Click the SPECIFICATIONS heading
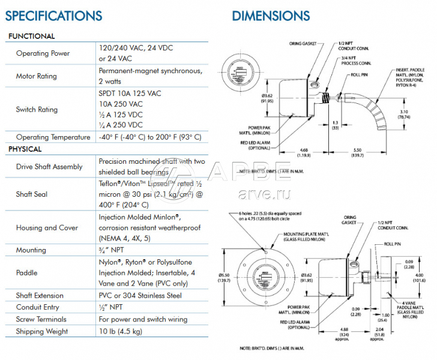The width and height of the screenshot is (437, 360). tap(54, 15)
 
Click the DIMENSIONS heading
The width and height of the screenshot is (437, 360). tap(271, 16)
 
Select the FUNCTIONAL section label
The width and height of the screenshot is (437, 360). tap(31, 36)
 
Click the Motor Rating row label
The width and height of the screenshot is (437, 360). tap(37, 76)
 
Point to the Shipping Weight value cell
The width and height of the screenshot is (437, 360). tap(120, 331)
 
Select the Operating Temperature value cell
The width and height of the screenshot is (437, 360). tap(150, 137)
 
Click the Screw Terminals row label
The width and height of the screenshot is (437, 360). tap(41, 319)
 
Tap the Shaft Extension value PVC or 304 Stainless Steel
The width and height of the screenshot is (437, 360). tap(148, 295)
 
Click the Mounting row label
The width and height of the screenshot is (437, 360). tap(31, 250)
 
